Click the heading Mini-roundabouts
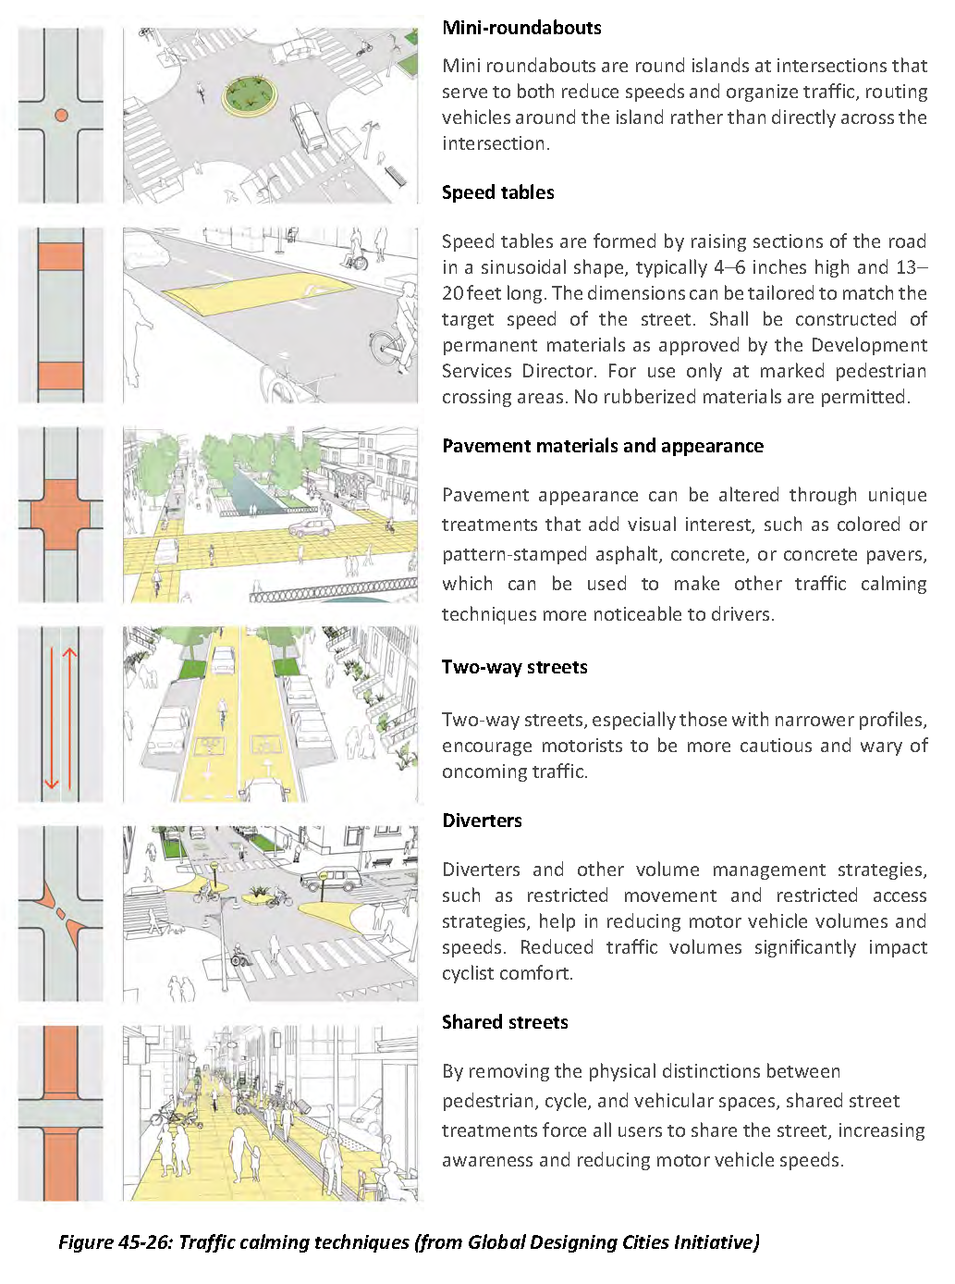pos(521,28)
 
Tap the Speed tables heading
pos(497,192)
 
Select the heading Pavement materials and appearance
pos(602,446)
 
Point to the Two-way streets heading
pos(514,667)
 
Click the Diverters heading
pos(482,821)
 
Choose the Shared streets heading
pos(505,1022)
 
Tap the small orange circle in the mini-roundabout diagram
pos(61,116)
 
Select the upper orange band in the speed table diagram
pos(61,257)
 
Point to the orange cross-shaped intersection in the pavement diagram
pos(61,513)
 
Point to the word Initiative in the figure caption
pos(717,1242)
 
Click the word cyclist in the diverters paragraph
pos(471,973)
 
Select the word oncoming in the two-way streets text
pos(479,772)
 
